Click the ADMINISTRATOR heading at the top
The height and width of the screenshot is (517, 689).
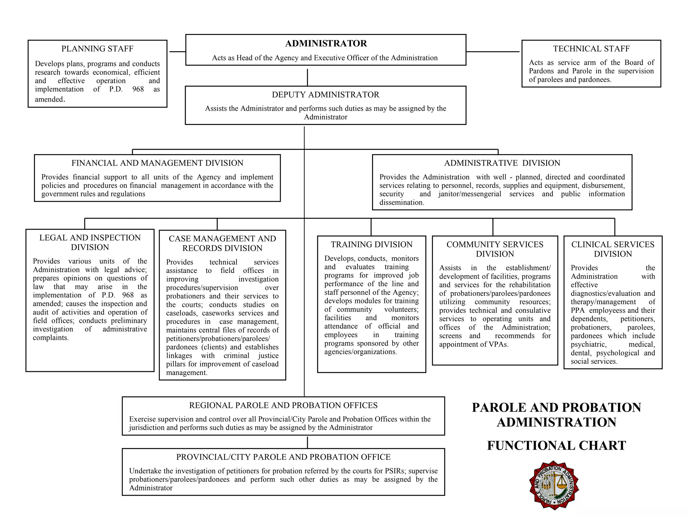click(326, 43)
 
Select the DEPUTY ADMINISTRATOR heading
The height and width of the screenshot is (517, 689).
click(325, 95)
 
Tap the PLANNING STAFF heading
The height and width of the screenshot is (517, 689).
click(97, 49)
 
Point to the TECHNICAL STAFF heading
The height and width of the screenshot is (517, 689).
click(591, 49)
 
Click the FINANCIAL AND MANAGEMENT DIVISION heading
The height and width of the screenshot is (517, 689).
click(157, 163)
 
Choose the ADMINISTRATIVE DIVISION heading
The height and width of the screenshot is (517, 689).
click(502, 163)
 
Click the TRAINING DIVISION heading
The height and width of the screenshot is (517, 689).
click(371, 244)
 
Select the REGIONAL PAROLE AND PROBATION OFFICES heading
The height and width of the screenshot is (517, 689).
click(283, 405)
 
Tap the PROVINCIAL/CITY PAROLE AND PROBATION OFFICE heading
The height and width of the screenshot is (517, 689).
click(283, 457)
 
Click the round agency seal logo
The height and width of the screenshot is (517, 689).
click(553, 485)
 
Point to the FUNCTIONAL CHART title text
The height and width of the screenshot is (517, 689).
click(556, 446)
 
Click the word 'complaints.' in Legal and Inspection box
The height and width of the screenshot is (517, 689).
click(50, 338)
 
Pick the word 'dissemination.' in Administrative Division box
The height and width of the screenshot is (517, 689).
click(402, 202)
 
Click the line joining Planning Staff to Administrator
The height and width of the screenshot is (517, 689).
click(177, 52)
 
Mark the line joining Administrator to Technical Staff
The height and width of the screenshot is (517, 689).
click(493, 52)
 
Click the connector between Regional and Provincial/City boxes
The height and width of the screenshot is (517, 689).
click(307, 442)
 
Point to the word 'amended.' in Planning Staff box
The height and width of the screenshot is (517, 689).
click(50, 99)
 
